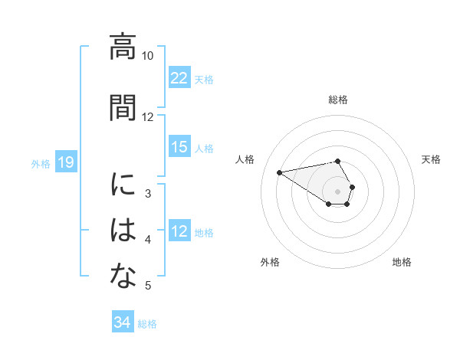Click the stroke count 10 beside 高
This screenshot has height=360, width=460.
148,56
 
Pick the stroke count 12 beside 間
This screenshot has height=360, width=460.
148,117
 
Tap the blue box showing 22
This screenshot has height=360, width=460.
179,78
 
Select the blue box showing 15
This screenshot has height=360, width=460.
179,147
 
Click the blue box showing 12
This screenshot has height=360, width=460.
179,231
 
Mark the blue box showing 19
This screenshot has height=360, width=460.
66,162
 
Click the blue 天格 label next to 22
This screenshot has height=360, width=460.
204,79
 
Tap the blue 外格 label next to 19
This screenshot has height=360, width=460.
41,163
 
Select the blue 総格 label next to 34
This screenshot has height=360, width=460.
147,323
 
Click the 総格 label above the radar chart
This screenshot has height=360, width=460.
338,100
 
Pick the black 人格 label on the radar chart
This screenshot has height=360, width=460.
245,159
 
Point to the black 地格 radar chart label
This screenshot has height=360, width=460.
402,262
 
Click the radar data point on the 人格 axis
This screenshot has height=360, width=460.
280,172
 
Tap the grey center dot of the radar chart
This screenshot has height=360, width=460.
338,191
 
